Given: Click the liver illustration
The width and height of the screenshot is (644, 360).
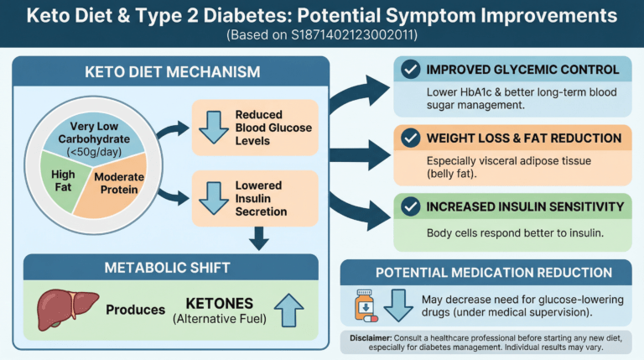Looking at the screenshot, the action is pyautogui.click(x=67, y=309).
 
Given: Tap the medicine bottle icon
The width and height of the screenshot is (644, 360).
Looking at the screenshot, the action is pyautogui.click(x=366, y=305).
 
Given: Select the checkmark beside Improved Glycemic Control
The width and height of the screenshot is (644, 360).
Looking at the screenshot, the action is pyautogui.click(x=410, y=70).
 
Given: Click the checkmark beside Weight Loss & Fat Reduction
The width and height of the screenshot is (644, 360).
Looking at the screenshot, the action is pyautogui.click(x=410, y=138).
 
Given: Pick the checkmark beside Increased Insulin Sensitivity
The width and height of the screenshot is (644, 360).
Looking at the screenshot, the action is pyautogui.click(x=410, y=206).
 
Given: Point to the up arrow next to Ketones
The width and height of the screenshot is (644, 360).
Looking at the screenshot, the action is pyautogui.click(x=288, y=310).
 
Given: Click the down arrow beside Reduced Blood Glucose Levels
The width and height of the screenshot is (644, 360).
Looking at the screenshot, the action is pyautogui.click(x=214, y=127).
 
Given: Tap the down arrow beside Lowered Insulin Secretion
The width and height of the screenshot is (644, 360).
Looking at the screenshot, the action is pyautogui.click(x=214, y=198).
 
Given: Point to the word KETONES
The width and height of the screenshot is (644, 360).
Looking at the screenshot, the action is pyautogui.click(x=220, y=303).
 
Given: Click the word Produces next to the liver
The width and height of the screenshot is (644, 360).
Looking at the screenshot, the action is pyautogui.click(x=136, y=310).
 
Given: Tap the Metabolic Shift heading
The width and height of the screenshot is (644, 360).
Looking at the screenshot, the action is pyautogui.click(x=167, y=268).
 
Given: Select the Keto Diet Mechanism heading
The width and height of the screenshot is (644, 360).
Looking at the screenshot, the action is pyautogui.click(x=173, y=72).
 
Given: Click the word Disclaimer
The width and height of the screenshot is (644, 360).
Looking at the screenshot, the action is pyautogui.click(x=371, y=338).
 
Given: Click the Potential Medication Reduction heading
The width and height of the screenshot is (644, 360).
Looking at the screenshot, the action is pyautogui.click(x=494, y=273).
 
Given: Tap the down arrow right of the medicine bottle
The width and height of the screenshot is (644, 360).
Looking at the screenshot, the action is pyautogui.click(x=398, y=305).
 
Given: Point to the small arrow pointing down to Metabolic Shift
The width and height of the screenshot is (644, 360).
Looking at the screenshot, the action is pyautogui.click(x=259, y=238).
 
